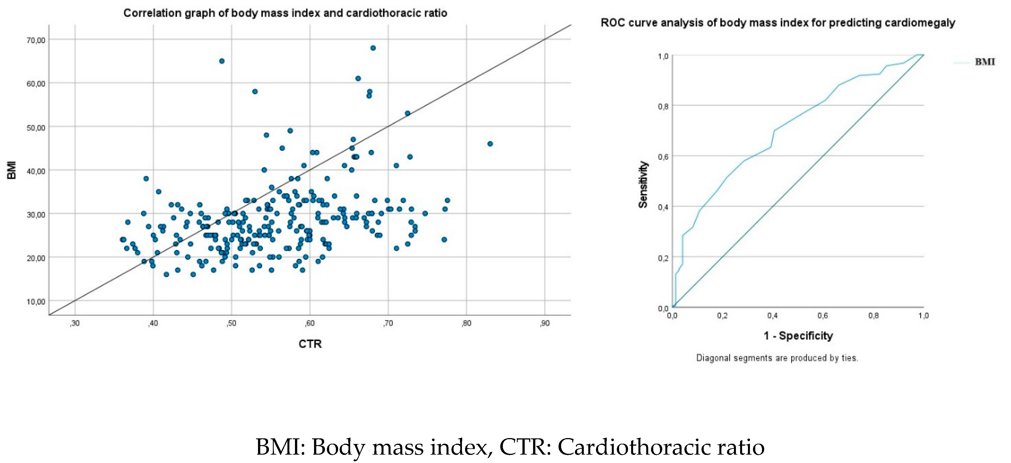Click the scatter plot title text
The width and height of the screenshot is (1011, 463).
[x=285, y=13]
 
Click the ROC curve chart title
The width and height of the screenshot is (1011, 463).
[x=777, y=23]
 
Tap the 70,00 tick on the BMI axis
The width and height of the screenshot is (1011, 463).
[x=36, y=40]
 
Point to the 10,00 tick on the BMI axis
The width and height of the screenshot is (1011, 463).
[x=36, y=301]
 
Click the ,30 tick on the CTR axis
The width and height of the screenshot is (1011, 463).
[x=75, y=323]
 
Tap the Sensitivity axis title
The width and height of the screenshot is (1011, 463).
[x=643, y=184]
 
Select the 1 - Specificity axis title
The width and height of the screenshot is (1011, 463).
[x=798, y=336]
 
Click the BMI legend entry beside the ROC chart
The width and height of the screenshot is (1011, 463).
[x=984, y=62]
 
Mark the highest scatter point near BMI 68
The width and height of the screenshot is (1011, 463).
[x=373, y=48]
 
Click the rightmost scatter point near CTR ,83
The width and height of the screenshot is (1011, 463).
[x=490, y=144]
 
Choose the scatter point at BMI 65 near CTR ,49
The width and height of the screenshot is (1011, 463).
[x=222, y=61]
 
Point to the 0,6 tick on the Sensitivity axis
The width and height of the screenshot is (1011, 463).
[x=663, y=156]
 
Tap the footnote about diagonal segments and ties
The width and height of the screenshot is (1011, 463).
[x=777, y=358]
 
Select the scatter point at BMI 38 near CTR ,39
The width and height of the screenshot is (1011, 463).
[x=146, y=179]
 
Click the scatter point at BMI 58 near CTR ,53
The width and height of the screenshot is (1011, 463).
[x=255, y=91]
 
